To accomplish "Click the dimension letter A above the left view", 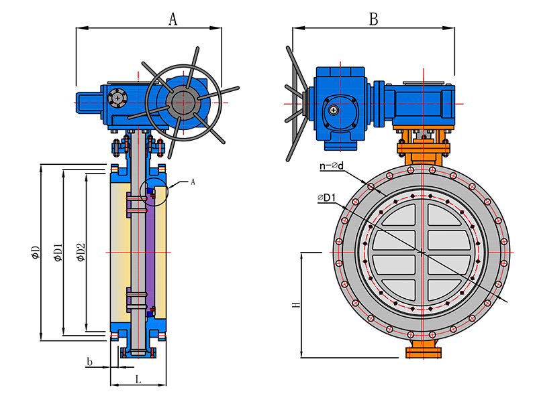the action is tap(173, 19).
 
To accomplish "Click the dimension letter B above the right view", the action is tap(374, 19).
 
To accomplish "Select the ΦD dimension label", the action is tap(36, 253).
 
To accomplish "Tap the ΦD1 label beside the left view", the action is tap(58, 253).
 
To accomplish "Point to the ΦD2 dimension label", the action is tap(81, 253).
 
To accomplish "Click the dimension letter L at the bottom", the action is tap(138, 379).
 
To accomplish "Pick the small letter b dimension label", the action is tap(89, 361).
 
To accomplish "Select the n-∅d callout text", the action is tap(332, 165).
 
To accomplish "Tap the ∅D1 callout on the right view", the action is tap(326, 198).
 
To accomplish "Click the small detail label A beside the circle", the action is tap(193, 182).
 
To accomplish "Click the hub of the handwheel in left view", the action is tap(183, 103).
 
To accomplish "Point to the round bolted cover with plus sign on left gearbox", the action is tap(117, 98).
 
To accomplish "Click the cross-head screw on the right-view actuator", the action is tap(333, 110).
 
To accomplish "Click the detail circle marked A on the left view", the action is tap(154, 192).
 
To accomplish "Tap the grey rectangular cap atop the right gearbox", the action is tap(424, 82).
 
